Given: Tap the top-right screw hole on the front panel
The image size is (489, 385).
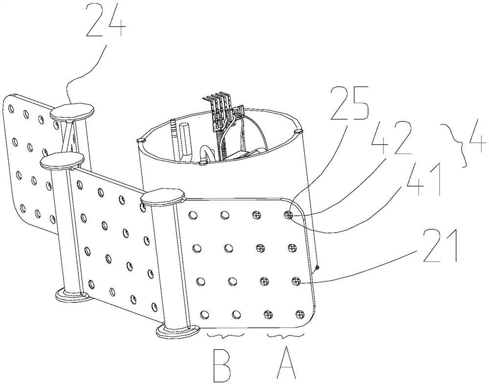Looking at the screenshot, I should click(x=289, y=214).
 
